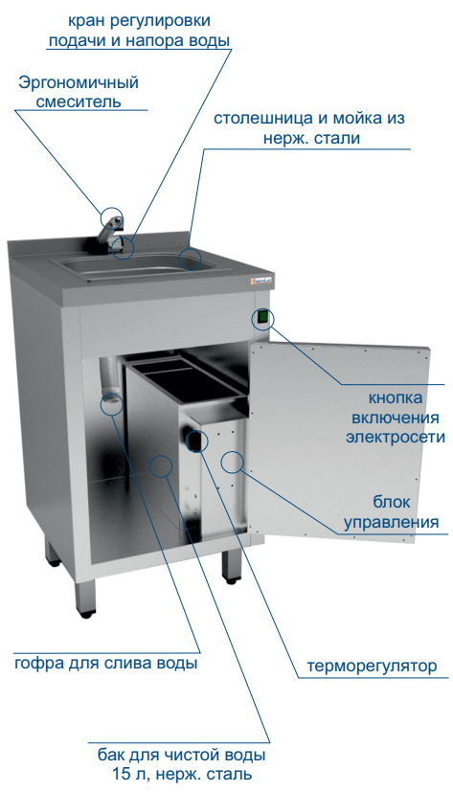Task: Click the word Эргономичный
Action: click(x=79, y=83)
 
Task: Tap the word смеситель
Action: click(x=79, y=102)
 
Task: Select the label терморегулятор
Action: click(x=373, y=666)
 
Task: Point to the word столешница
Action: click(x=264, y=119)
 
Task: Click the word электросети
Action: click(x=396, y=437)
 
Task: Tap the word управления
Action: click(x=392, y=521)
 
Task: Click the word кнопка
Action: click(x=396, y=398)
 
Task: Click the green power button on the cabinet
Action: click(x=263, y=318)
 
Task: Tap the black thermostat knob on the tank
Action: click(x=195, y=441)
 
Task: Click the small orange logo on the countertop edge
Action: click(x=261, y=282)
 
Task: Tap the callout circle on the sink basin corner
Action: click(x=191, y=259)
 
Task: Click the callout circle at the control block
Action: click(x=233, y=462)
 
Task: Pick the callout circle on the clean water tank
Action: click(x=161, y=465)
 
